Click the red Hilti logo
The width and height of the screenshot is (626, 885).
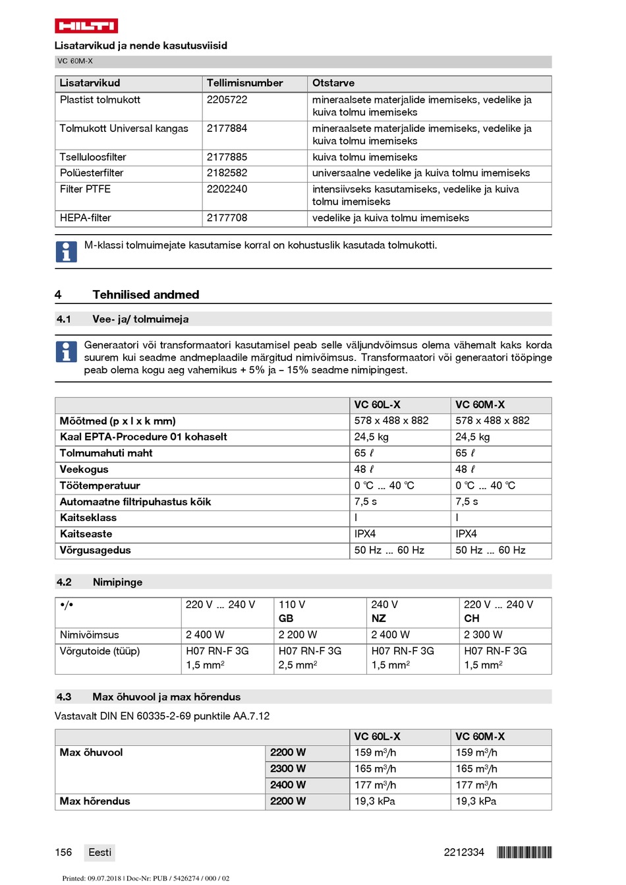pos(86,26)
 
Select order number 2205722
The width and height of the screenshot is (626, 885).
pos(227,100)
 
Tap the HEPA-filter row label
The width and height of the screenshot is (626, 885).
pos(86,218)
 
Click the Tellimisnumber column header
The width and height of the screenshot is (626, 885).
pos(244,83)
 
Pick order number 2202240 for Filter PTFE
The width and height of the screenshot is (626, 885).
pos(227,189)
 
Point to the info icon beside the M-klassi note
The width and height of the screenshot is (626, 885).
pos(66,251)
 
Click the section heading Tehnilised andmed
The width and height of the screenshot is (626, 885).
pos(146,295)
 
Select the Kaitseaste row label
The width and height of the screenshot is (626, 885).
pos(86,534)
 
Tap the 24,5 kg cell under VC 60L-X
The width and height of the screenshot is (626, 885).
pos(372,437)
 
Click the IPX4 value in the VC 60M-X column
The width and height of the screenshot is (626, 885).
pos(466,534)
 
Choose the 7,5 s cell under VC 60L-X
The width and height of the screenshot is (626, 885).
pos(366,502)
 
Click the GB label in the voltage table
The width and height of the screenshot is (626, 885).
pos(286,619)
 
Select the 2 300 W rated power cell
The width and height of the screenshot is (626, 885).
pos(483,635)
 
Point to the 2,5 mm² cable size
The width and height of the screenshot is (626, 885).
pos(298,665)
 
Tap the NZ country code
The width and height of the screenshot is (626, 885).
pos(379,619)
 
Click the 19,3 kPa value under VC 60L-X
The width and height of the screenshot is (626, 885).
pos(375,801)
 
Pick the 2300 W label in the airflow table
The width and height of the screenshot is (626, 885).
pos(288,769)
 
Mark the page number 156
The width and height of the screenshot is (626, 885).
pos(63,852)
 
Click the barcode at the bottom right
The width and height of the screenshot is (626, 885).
pos(525,852)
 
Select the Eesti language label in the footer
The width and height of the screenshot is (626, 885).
pos(100,852)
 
